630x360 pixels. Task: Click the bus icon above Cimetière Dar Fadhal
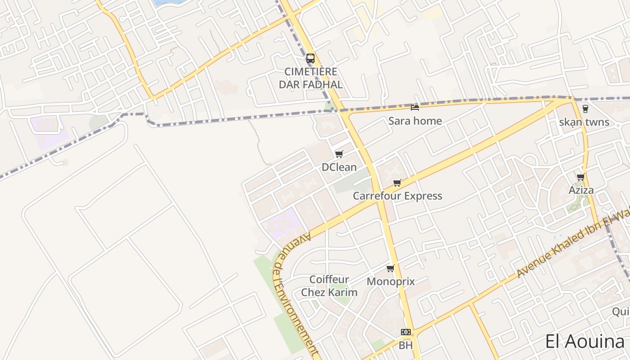click(x=310, y=58)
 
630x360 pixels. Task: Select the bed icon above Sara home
click(x=415, y=107)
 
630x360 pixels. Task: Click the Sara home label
click(x=415, y=121)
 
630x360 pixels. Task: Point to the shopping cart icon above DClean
click(x=339, y=154)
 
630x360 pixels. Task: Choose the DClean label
click(x=339, y=167)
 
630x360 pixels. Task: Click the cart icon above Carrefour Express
click(x=397, y=183)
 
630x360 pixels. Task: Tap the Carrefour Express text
click(x=397, y=196)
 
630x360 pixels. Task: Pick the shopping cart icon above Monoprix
click(x=390, y=269)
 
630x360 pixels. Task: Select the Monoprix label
click(x=391, y=282)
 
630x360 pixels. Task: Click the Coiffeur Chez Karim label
click(x=329, y=286)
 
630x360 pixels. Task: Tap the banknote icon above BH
click(x=406, y=332)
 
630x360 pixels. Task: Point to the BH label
click(x=405, y=346)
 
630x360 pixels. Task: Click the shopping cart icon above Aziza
click(x=581, y=177)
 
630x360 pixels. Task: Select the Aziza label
click(x=581, y=190)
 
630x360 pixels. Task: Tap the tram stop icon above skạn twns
click(x=585, y=108)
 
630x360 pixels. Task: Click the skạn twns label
click(x=584, y=122)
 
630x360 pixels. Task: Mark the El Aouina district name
click(x=585, y=342)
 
